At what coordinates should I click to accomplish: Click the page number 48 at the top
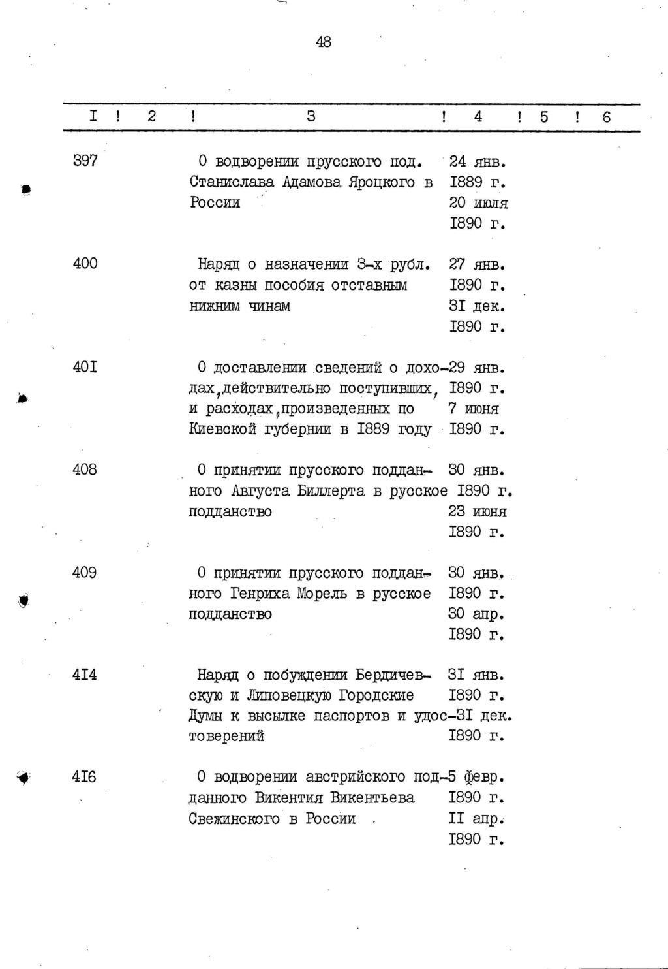324,42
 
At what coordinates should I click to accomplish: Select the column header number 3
311,117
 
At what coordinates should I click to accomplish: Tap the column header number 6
607,117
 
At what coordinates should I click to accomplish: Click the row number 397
85,161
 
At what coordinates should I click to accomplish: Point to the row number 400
85,264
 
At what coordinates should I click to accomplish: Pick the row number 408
85,469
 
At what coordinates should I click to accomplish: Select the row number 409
85,573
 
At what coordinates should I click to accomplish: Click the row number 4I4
85,675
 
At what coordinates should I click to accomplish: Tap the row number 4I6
85,777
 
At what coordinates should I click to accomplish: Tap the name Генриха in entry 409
261,594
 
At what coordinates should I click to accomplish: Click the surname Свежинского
235,819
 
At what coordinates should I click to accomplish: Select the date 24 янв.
478,161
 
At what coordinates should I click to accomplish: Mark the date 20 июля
478,203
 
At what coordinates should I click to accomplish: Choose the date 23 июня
478,512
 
